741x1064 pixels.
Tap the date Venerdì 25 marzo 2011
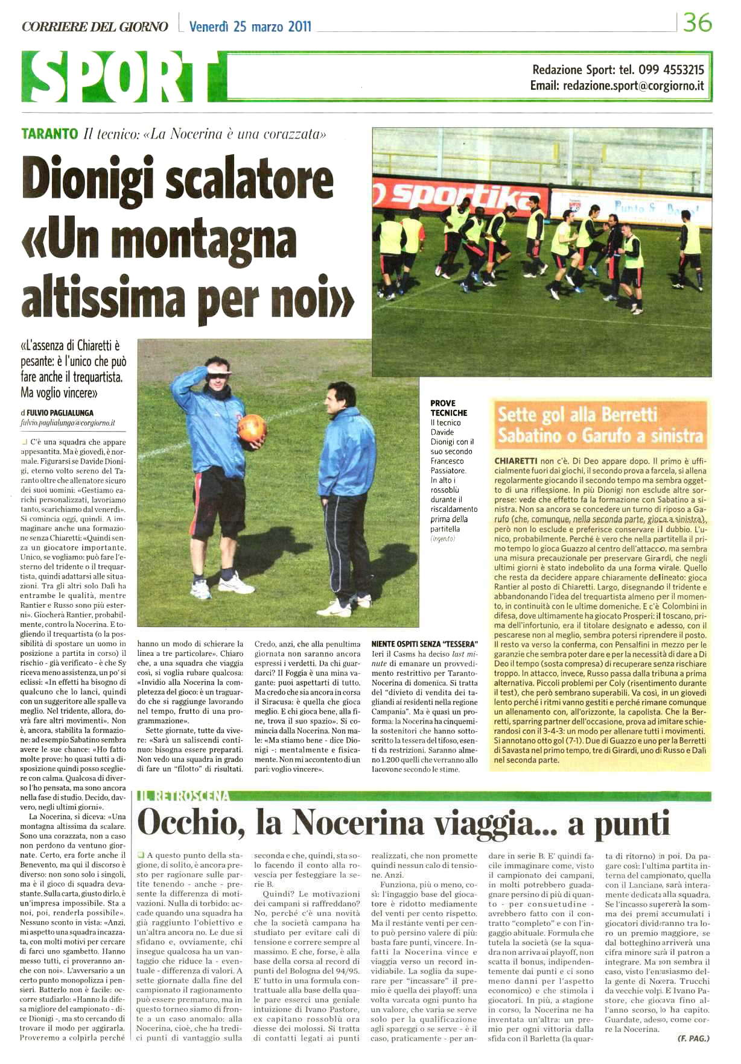(250, 27)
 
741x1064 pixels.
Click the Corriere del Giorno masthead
(95, 27)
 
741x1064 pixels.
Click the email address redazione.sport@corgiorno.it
(633, 86)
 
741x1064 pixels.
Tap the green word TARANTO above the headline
(49, 134)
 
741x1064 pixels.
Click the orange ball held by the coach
(252, 427)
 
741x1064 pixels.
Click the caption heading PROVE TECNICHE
(448, 408)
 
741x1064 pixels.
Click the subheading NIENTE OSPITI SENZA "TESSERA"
(424, 644)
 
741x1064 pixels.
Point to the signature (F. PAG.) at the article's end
(693, 1038)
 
